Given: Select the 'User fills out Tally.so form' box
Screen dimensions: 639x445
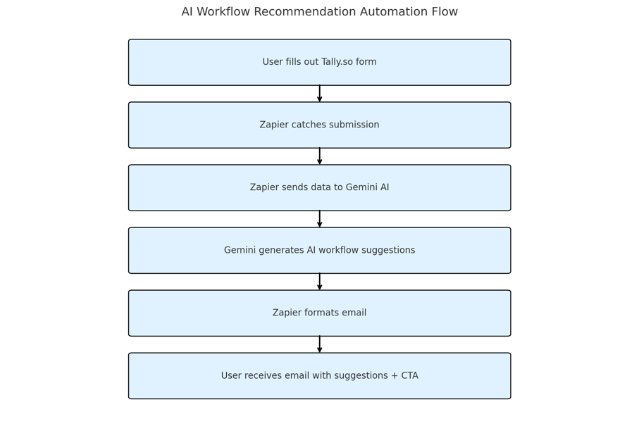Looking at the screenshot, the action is pyautogui.click(x=320, y=62).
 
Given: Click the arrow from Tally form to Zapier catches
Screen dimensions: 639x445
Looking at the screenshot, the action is pyautogui.click(x=320, y=94).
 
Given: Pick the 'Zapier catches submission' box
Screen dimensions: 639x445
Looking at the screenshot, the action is pyautogui.click(x=320, y=125).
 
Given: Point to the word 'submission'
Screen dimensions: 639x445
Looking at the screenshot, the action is pyautogui.click(x=354, y=125).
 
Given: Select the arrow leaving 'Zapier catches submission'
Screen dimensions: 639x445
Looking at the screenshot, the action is pyautogui.click(x=320, y=156).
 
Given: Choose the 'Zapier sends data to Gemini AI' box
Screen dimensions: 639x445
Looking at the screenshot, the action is pyautogui.click(x=320, y=188).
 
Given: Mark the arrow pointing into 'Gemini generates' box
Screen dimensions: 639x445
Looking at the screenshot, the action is pyautogui.click(x=320, y=219).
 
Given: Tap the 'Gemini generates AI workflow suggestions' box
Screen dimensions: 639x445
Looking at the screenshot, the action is pyautogui.click(x=320, y=251).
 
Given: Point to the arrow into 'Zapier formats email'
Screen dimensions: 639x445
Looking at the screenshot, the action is pyautogui.click(x=320, y=282).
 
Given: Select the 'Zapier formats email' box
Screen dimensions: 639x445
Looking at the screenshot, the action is pyautogui.click(x=320, y=313).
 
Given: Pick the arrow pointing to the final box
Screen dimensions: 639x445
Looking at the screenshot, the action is pyautogui.click(x=320, y=344).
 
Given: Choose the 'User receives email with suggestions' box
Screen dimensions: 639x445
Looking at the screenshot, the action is pyautogui.click(x=320, y=376).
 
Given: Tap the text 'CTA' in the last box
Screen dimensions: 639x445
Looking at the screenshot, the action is pyautogui.click(x=409, y=375).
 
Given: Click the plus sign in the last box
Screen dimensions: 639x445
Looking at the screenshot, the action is pyautogui.click(x=394, y=376).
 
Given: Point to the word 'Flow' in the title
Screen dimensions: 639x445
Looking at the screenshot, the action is pyautogui.click(x=445, y=11).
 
